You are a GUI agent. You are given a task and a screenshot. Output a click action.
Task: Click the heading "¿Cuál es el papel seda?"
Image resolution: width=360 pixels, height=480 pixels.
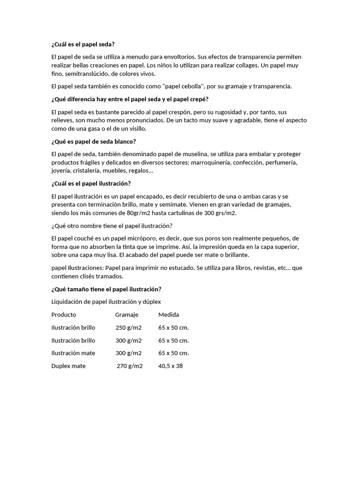tap(82, 44)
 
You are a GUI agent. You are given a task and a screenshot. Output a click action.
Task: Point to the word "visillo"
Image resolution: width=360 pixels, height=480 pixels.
tap(135, 128)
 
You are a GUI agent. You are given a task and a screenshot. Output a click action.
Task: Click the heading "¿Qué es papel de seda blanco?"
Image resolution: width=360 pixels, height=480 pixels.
tap(93, 141)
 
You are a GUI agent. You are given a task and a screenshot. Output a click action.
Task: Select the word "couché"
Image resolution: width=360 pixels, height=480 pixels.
tap(87, 238)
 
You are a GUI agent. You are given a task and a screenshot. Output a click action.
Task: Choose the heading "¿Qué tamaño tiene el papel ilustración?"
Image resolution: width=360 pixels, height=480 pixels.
tap(106, 289)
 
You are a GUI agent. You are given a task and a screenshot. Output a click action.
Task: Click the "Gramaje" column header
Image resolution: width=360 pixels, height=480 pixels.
tap(127, 315)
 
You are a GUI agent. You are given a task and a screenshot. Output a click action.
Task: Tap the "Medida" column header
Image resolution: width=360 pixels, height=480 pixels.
tap(169, 315)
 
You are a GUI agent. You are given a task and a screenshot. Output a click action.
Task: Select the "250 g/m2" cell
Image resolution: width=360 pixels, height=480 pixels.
tap(128, 328)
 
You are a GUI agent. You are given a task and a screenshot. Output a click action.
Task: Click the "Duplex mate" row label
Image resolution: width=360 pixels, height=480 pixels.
tap(68, 366)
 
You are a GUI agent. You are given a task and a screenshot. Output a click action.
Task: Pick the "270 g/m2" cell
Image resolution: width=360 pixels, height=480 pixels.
tap(129, 366)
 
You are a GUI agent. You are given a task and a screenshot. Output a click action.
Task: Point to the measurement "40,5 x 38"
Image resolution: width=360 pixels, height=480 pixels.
tap(171, 366)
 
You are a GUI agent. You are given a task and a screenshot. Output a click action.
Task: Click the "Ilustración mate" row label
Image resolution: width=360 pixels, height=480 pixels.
tap(73, 353)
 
